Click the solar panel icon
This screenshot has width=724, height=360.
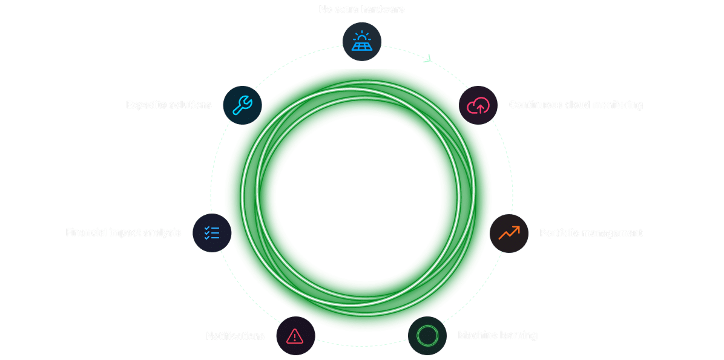click(361, 42)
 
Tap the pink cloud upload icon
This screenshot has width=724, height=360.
click(478, 105)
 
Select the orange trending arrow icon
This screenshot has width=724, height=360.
click(509, 233)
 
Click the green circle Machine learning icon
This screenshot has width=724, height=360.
click(427, 335)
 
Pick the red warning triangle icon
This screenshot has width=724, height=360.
click(295, 336)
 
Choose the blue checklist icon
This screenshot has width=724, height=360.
click(212, 233)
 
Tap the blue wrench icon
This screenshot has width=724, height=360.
click(243, 105)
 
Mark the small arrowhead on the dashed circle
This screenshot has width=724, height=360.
click(429, 59)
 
